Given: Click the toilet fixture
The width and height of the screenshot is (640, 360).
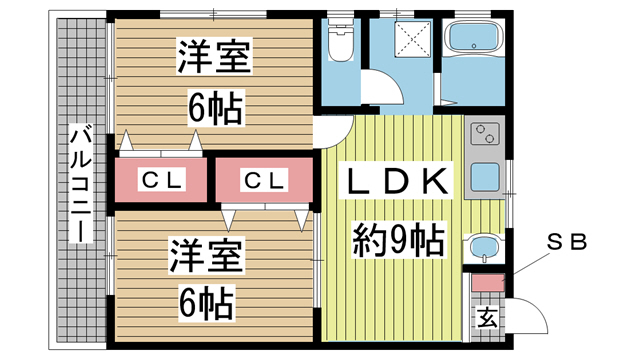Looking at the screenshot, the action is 340,40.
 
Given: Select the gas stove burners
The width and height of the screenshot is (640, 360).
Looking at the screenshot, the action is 484,133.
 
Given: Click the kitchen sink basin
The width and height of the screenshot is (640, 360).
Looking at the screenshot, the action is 484,178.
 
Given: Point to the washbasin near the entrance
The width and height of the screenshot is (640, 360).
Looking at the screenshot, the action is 484,247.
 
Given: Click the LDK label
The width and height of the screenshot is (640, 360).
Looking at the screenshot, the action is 396,181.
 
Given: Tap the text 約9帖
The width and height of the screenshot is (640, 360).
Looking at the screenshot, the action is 398,240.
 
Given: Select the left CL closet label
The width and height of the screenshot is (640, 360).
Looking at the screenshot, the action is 161,180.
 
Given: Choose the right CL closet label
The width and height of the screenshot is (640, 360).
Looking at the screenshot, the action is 264,180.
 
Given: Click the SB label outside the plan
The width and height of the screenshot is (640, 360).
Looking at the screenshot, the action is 567,242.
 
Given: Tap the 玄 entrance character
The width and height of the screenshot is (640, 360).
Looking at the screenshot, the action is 488,317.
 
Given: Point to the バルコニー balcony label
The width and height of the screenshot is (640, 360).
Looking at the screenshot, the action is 81,183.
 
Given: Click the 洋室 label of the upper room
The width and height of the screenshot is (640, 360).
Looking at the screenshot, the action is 214,56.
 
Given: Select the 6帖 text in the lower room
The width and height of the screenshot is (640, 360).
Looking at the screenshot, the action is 206,303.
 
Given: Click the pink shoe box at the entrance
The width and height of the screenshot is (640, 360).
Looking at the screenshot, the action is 488,283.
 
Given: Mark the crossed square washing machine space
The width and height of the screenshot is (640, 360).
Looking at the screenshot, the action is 413,40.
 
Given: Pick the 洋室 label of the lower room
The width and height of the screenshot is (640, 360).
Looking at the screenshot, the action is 207,256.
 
